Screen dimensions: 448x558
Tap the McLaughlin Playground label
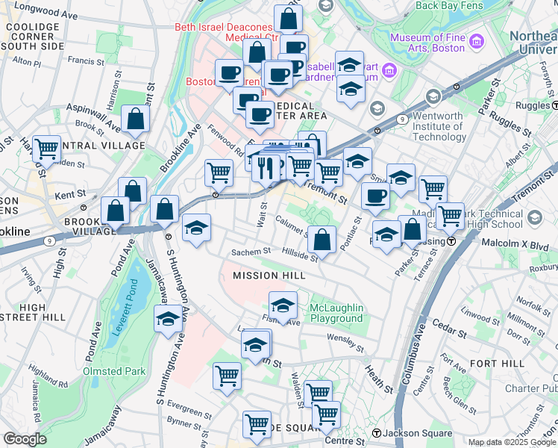coord(336,313)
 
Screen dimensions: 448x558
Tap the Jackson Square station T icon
coord(377,433)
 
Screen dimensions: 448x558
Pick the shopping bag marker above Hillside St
coord(322,240)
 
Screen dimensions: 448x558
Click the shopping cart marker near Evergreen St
coord(227,376)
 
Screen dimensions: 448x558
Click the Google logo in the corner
coord(25,438)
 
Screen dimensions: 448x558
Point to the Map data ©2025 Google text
coord(512,442)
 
